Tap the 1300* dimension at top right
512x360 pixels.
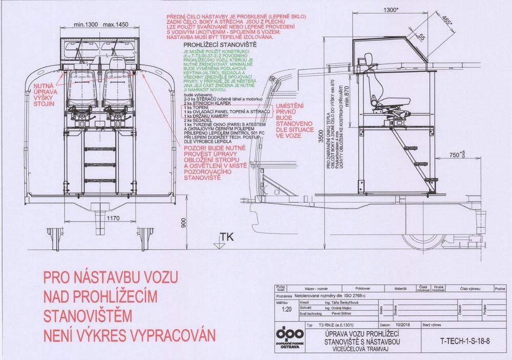[x=393, y=10]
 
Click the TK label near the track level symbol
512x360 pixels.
[x=225, y=237]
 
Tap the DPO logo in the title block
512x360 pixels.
[x=290, y=338]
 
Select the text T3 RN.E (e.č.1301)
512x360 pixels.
[x=335, y=325]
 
